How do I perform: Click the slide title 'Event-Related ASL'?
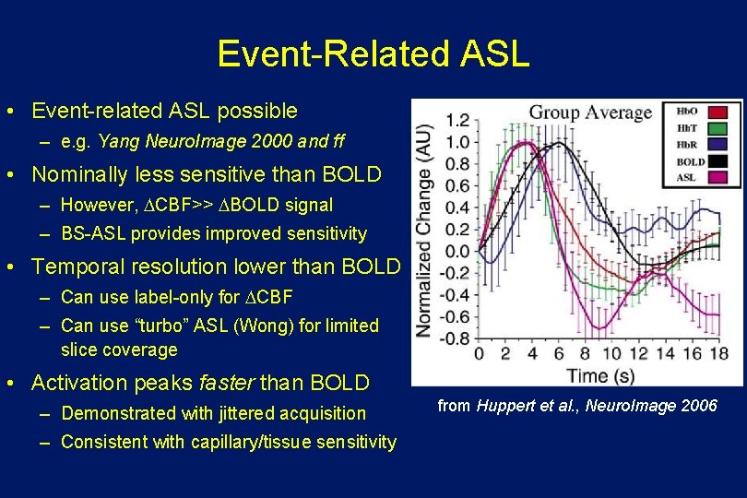[373, 53]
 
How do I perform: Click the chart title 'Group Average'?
[589, 113]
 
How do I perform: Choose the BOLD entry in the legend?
[691, 161]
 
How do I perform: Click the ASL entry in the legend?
[687, 177]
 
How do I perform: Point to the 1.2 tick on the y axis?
[457, 120]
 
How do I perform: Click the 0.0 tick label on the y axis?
[457, 251]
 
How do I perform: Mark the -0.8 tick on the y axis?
[455, 338]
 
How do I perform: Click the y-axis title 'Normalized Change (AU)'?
[425, 231]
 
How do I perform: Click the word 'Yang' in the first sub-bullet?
[116, 142]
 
